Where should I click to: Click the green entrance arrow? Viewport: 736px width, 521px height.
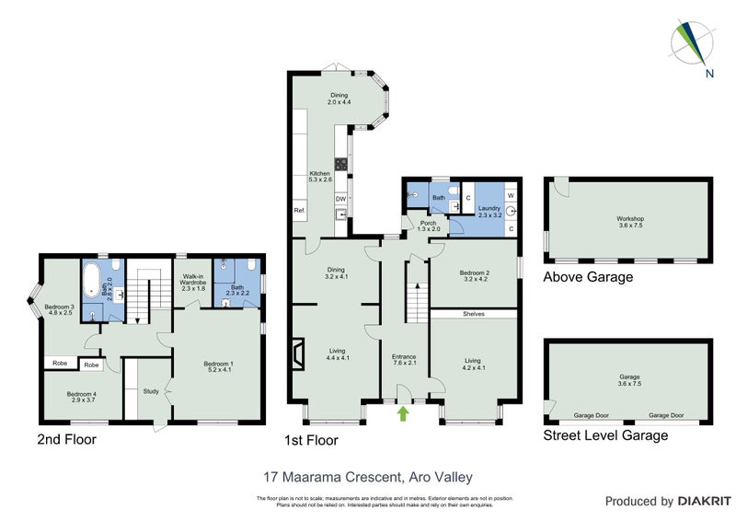pyautogui.click(x=403, y=415)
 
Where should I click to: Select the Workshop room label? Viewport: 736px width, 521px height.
pyautogui.click(x=630, y=222)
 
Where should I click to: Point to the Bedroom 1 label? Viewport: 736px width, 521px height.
pyautogui.click(x=218, y=367)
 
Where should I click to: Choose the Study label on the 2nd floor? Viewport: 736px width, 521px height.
pyautogui.click(x=151, y=391)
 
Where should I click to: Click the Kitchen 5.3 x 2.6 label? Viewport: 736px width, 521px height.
pyautogui.click(x=319, y=177)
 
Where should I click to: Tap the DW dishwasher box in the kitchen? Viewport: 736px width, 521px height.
pyautogui.click(x=340, y=199)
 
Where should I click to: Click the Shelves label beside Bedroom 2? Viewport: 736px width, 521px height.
pyautogui.click(x=475, y=314)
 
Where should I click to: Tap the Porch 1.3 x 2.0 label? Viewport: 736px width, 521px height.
pyautogui.click(x=429, y=226)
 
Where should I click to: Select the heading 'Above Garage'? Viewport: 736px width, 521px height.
pyautogui.click(x=589, y=277)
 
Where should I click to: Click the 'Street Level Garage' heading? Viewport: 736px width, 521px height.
pyautogui.click(x=605, y=435)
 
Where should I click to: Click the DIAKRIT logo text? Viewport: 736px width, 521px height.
pyautogui.click(x=704, y=502)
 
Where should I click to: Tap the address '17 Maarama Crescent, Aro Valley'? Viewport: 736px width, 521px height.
pyautogui.click(x=368, y=476)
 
